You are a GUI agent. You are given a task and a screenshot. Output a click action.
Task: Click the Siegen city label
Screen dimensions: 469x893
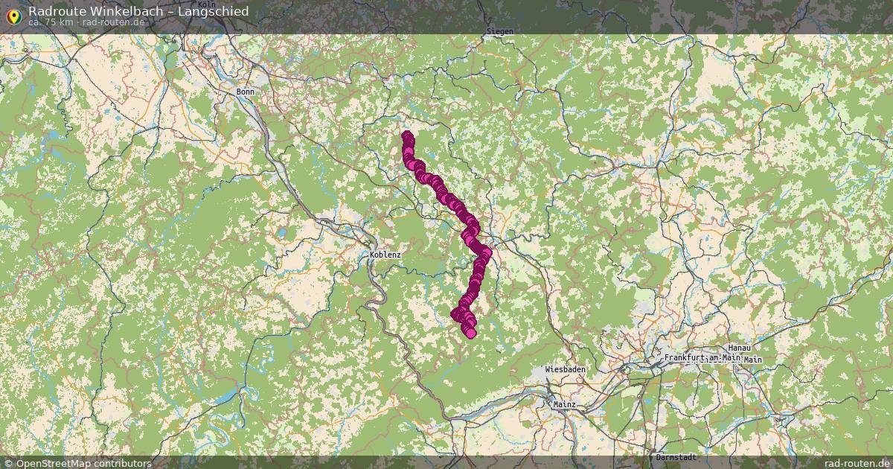tap(499, 31)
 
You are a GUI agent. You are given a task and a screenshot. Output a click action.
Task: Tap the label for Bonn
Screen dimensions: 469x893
tap(245, 92)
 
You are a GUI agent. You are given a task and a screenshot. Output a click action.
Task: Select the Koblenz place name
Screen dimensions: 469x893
tap(385, 255)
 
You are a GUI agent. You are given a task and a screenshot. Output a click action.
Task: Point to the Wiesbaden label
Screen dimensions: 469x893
tap(565, 369)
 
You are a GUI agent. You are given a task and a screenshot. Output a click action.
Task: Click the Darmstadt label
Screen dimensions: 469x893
tap(676, 456)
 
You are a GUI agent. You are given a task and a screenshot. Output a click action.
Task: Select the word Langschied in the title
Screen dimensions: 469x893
tap(213, 11)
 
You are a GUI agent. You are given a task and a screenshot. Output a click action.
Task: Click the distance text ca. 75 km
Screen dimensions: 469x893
tap(51, 22)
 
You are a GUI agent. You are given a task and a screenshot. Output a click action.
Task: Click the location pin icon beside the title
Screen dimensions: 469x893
tap(13, 15)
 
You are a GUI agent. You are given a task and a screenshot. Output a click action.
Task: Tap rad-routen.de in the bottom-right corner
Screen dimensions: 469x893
tap(857, 463)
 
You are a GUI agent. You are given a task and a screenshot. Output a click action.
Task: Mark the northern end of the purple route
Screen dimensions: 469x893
tap(407, 136)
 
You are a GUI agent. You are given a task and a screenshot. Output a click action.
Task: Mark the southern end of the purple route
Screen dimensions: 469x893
tap(470, 333)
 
